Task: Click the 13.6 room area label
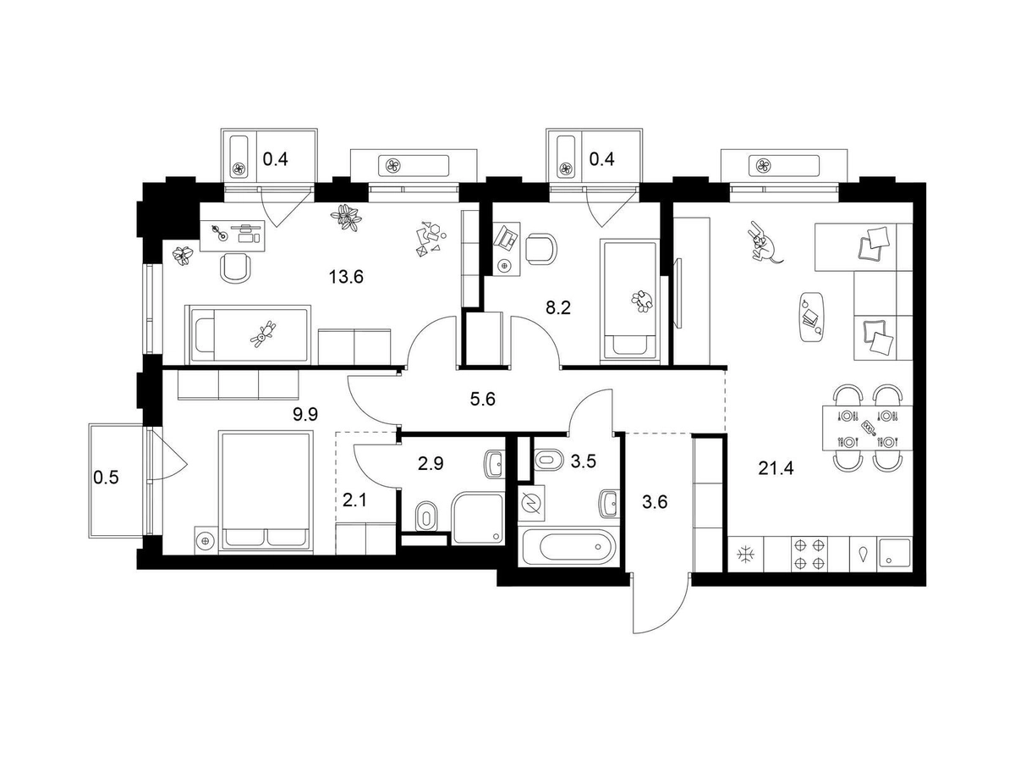346,277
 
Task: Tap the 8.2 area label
558,307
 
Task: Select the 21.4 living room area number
776,469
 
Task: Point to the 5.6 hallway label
483,399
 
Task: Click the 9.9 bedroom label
305,414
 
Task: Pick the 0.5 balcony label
106,477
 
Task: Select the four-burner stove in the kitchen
809,554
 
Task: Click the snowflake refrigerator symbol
745,554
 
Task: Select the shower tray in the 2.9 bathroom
478,519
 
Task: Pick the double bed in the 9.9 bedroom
265,492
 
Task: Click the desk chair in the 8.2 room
541,248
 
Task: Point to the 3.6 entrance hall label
655,501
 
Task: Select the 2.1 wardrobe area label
354,500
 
